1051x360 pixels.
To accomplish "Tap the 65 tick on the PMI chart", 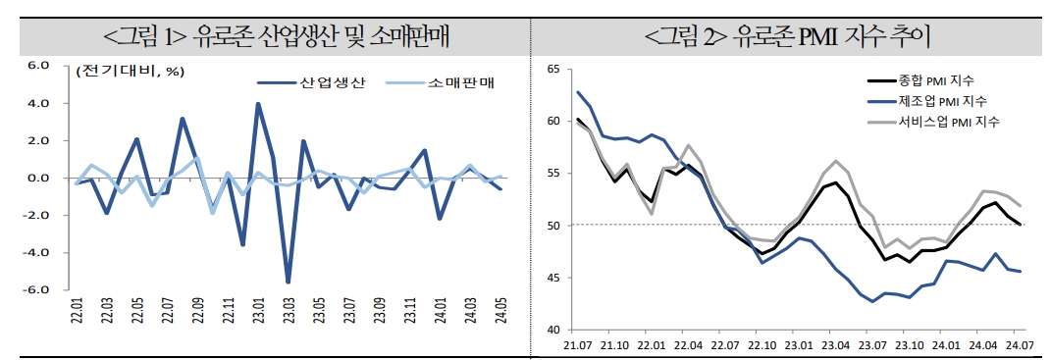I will [553, 70].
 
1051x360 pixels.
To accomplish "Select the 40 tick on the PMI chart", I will [553, 330].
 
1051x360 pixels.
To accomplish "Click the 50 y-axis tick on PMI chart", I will [553, 226].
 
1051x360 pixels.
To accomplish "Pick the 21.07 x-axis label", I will [577, 345].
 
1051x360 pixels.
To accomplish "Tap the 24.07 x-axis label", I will [1021, 345].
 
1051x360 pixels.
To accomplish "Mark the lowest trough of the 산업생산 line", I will [289, 283].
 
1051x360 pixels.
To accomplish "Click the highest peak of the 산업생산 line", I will [258, 103].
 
